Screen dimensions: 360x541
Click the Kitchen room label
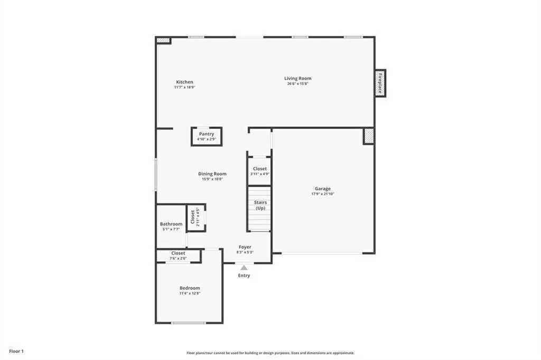[x=184, y=82]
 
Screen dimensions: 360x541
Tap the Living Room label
[x=298, y=79]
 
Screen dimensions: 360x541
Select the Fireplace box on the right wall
[x=380, y=83]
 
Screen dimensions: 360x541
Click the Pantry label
[x=206, y=134]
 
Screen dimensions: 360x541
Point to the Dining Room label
[x=212, y=174]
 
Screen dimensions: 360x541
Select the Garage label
[x=323, y=188]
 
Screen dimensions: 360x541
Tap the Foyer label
[x=245, y=247]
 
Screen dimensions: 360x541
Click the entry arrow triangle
[x=244, y=268]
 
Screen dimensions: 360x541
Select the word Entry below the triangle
[x=244, y=276]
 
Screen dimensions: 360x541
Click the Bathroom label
[x=171, y=224]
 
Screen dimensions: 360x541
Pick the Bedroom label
[x=190, y=288]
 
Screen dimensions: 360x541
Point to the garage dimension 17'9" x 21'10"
[x=323, y=194]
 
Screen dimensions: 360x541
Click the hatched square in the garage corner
[x=368, y=136]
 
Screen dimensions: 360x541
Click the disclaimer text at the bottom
[x=270, y=353]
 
